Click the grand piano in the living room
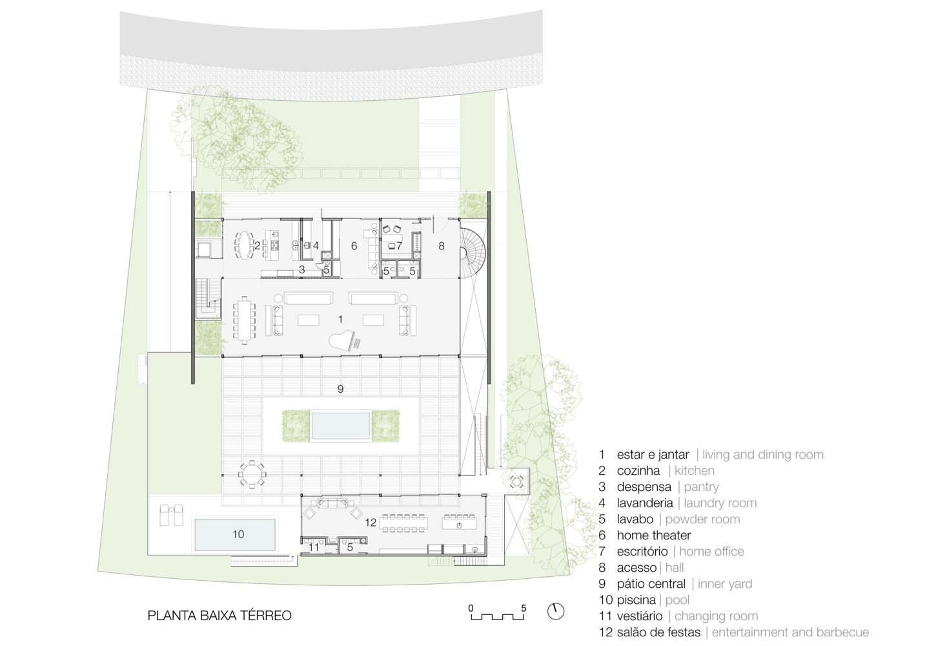tap(344, 342)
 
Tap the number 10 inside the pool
tap(238, 534)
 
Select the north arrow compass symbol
tap(556, 611)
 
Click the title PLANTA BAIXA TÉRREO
tap(219, 616)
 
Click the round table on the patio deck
tap(252, 474)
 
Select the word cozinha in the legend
tap(638, 470)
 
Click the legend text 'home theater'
tap(654, 535)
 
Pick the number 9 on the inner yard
tap(340, 389)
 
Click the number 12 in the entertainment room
tap(371, 523)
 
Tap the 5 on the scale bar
tap(524, 609)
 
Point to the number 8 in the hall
tap(441, 246)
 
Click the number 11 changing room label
tap(314, 547)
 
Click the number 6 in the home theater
tap(354, 246)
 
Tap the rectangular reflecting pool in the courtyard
tap(341, 426)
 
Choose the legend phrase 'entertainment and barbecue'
tap(790, 632)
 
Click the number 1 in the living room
tap(340, 319)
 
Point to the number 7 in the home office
tap(399, 246)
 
